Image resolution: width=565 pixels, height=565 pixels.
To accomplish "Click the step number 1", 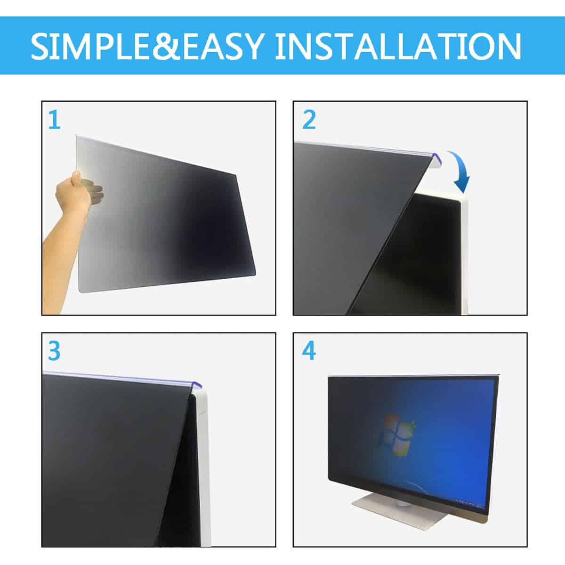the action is [x=54, y=120].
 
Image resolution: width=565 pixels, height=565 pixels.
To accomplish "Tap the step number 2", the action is [x=309, y=120].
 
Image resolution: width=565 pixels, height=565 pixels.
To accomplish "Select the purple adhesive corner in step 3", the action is [x=196, y=385].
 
